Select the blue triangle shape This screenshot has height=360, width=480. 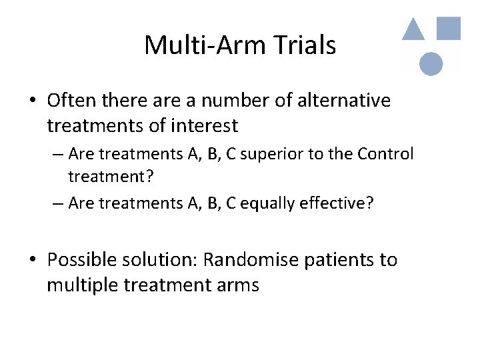coord(413,29)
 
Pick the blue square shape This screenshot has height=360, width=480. coord(449,27)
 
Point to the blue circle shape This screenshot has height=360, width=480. coord(431,64)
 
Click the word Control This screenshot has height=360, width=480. coord(385,154)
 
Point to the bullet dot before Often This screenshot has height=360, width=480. coord(32,101)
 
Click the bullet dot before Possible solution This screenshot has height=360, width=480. coord(32,260)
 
